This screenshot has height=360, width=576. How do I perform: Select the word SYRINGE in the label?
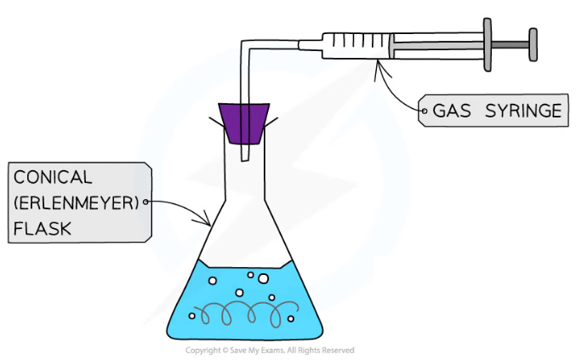(x=518, y=111)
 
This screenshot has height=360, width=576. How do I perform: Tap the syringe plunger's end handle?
(x=533, y=43)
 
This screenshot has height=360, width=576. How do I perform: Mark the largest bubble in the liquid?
(x=263, y=279)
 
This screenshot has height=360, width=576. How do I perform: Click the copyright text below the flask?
(x=270, y=350)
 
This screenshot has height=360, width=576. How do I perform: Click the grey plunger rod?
(x=510, y=42)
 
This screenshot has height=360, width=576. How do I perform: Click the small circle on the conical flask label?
(x=145, y=202)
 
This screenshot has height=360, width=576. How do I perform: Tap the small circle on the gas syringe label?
(x=425, y=111)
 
